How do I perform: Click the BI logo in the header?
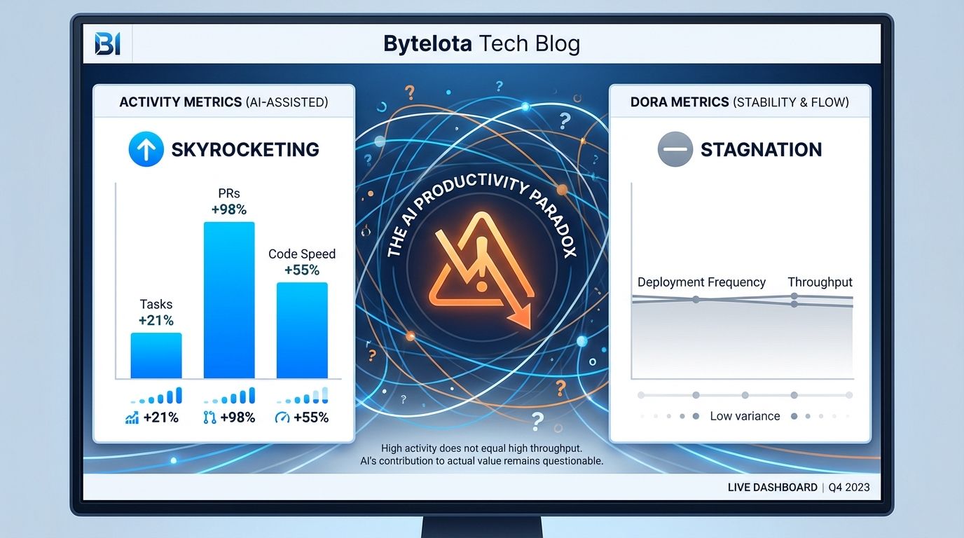[x=107, y=44]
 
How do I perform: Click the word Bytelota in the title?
[x=427, y=44]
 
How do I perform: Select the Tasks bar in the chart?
[x=156, y=355]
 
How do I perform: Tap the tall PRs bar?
[x=229, y=301]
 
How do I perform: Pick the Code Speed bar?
[x=302, y=331]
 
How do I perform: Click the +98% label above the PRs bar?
[x=229, y=209]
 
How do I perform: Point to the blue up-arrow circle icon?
[x=146, y=149]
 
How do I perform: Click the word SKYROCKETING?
[x=245, y=150]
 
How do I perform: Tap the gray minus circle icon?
[x=675, y=149]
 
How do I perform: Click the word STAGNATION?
[x=762, y=150]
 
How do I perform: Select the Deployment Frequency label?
[x=701, y=282]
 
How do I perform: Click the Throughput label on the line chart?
[x=820, y=282]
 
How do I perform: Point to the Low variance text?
[x=745, y=416]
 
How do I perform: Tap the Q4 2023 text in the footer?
[x=849, y=488]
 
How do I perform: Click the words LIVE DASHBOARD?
[x=773, y=488]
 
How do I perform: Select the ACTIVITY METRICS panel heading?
[x=223, y=102]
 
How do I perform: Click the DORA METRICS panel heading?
[x=740, y=102]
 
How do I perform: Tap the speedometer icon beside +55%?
[x=282, y=417]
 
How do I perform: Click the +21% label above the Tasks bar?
[x=156, y=321]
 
